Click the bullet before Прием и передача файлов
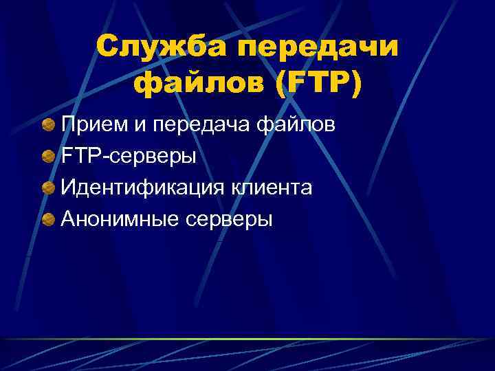click(48, 125)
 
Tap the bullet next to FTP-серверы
click(48, 157)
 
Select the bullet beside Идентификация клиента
click(48, 188)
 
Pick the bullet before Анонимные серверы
click(48, 219)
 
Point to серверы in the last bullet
click(228, 221)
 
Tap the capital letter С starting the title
click(108, 47)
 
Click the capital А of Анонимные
click(67, 219)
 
